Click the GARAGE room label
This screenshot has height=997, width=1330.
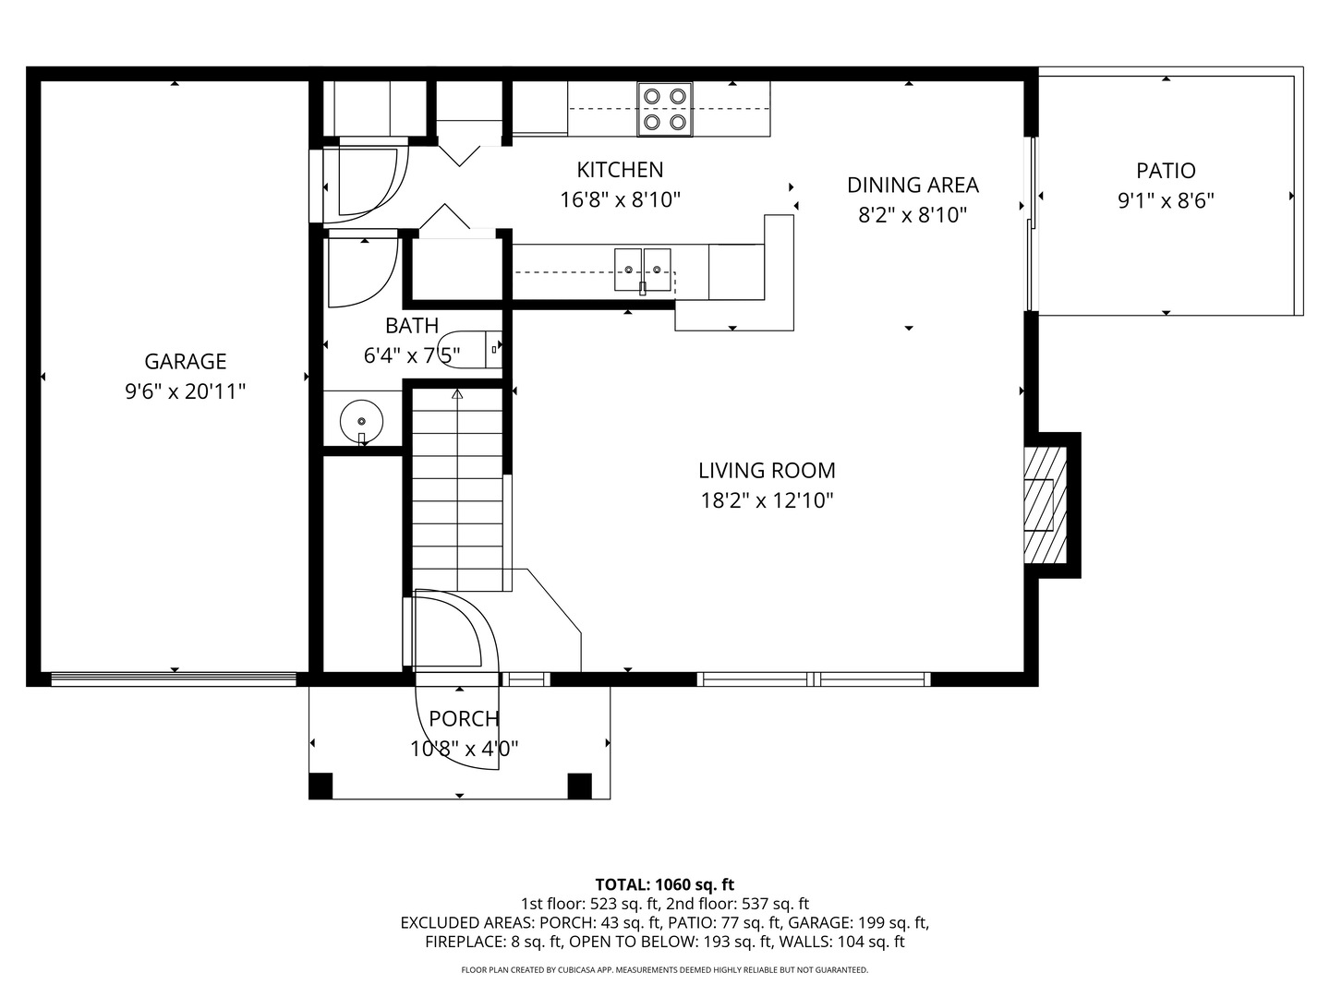tap(186, 361)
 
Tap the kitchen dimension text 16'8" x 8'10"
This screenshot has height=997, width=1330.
tap(620, 199)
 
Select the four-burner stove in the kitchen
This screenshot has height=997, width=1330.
tap(665, 109)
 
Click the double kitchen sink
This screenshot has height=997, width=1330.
tap(643, 270)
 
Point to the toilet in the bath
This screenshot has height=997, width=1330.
tap(470, 349)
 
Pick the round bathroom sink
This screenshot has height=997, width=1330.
tap(362, 422)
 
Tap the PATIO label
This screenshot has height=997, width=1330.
tap(1166, 171)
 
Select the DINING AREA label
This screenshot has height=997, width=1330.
tap(913, 186)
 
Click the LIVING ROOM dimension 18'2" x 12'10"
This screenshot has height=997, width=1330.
tap(768, 500)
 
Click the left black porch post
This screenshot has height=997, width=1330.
tap(320, 786)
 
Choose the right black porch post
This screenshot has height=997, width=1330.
tap(579, 786)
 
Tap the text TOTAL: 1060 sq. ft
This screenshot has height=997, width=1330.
tap(665, 884)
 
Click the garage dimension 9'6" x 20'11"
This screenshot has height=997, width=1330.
tap(186, 391)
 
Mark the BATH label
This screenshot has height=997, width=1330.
tap(412, 326)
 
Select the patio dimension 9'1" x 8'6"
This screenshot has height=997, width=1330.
tap(1166, 200)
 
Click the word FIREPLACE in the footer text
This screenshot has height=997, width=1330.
tap(463, 942)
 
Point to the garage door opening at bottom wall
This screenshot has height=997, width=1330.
tap(174, 679)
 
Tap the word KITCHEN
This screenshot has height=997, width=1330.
tap(620, 170)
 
